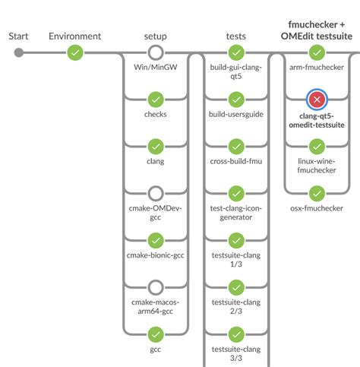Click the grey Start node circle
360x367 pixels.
point(19,52)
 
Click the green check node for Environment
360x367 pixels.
point(74,52)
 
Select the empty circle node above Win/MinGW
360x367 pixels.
point(156,52)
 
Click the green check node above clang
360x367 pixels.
point(156,146)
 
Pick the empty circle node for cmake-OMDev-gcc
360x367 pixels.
point(156,193)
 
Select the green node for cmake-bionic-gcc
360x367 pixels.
point(156,240)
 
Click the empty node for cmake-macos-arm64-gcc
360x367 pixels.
point(156,287)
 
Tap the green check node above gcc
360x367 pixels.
point(156,334)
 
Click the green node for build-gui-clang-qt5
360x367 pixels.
point(236,52)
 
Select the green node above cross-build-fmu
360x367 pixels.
point(236,146)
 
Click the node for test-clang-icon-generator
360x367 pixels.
point(236,193)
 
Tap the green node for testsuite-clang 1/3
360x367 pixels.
point(236,240)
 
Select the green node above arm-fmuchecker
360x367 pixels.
point(317,52)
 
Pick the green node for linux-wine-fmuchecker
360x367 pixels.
point(317,146)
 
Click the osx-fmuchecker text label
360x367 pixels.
point(317,207)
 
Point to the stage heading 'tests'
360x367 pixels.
point(236,36)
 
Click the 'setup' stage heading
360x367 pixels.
point(156,36)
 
